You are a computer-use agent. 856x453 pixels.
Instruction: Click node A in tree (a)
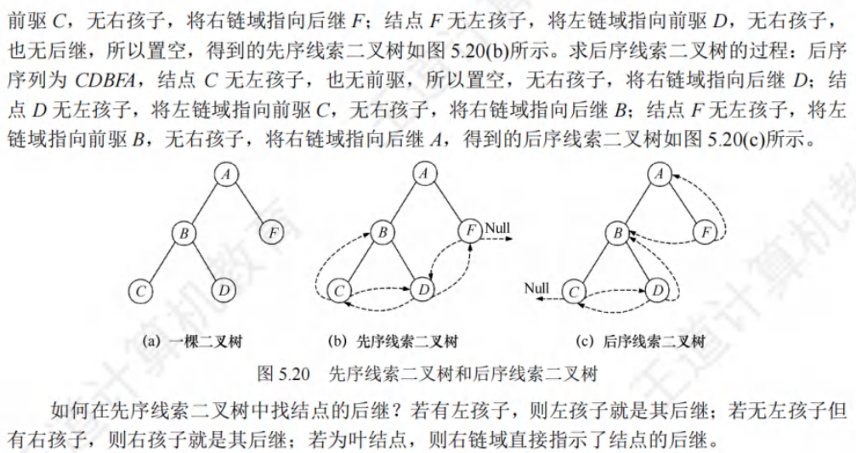click(226, 174)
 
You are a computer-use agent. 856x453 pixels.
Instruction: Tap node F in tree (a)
click(271, 231)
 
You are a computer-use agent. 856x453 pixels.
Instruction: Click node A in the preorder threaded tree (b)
click(423, 174)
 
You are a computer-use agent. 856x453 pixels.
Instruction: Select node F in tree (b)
click(468, 231)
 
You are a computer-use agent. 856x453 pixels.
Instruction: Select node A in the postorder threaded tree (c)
click(657, 174)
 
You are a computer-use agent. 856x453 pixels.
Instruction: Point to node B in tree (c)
click(620, 231)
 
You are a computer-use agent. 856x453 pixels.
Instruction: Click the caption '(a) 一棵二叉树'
click(194, 342)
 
